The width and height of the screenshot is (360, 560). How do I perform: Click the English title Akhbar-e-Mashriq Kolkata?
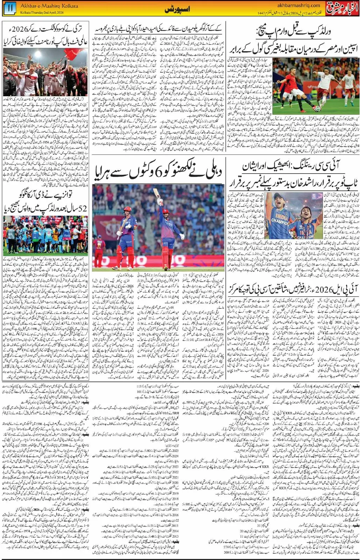(49, 6)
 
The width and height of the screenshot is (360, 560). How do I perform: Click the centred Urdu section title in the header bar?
(177, 10)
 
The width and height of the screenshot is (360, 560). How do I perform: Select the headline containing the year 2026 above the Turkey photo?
(45, 36)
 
